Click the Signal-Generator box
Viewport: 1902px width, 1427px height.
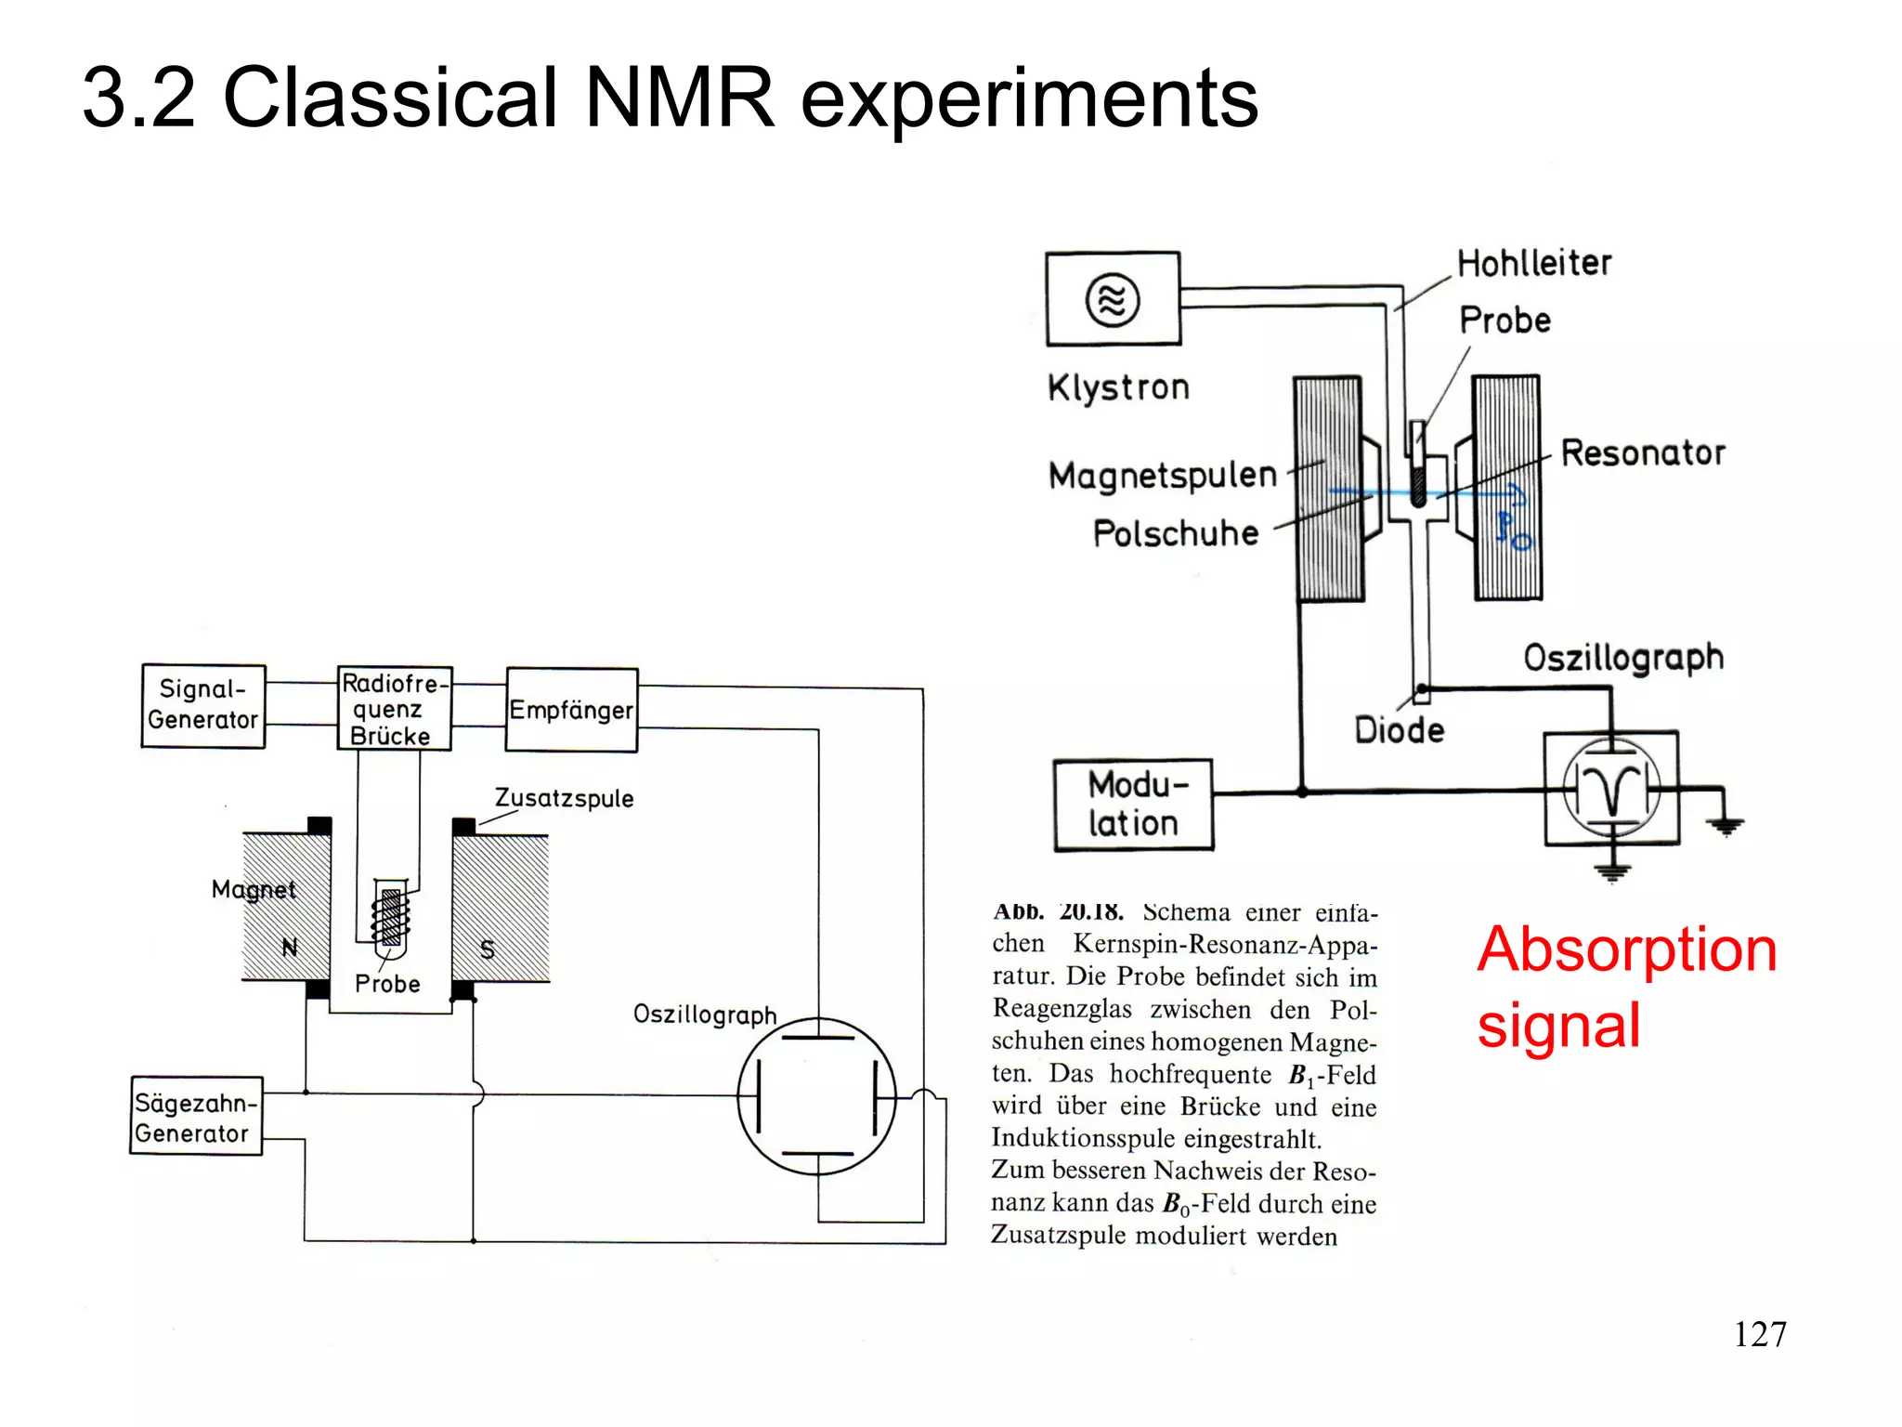[202, 705]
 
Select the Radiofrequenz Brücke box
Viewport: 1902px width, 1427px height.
[394, 708]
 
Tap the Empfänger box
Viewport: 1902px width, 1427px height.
[571, 710]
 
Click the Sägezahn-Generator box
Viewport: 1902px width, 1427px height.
[196, 1116]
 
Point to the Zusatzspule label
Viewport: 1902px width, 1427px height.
[564, 798]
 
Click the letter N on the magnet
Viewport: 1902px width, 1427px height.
[290, 948]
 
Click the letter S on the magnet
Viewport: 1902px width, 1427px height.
[488, 949]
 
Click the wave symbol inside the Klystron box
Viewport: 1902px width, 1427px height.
[1113, 299]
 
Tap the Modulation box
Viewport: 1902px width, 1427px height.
[1133, 805]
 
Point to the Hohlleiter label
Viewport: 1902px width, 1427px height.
[1533, 263]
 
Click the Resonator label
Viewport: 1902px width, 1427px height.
[1642, 453]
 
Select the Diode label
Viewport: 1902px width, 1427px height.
[1399, 730]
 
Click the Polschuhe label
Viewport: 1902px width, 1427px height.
[1175, 533]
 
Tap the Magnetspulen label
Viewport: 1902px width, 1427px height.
[1163, 476]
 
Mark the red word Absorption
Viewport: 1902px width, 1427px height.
[1626, 949]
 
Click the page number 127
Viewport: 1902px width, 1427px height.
[1759, 1334]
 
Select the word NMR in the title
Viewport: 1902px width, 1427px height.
[679, 98]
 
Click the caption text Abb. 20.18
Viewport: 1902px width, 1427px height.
[1058, 911]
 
